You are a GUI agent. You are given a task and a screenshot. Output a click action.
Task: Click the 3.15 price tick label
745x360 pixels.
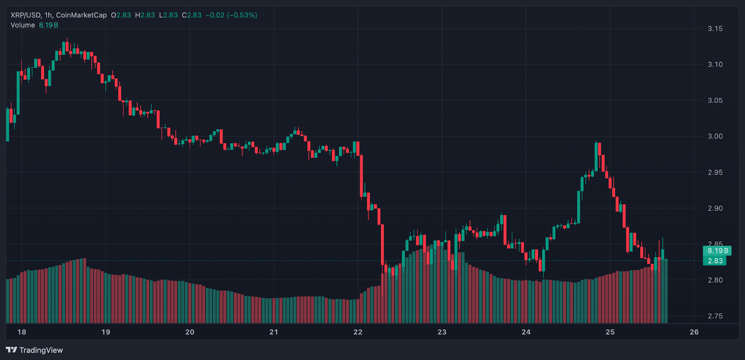click(x=715, y=29)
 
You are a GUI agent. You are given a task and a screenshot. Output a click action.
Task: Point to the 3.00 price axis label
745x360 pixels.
click(x=715, y=136)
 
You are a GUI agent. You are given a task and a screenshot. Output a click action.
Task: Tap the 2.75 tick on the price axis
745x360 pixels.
click(x=715, y=316)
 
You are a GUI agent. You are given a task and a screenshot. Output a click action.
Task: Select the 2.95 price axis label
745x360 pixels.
click(x=715, y=172)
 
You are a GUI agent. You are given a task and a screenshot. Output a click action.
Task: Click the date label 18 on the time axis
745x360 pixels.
click(x=21, y=332)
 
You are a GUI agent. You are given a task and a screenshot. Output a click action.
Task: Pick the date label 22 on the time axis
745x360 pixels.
click(x=358, y=332)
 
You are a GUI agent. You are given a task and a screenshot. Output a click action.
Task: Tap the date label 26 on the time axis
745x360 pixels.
click(x=694, y=332)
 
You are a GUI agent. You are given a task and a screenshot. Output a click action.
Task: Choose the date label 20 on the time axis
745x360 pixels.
click(x=190, y=332)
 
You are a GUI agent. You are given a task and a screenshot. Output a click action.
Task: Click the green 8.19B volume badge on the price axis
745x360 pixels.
click(x=717, y=251)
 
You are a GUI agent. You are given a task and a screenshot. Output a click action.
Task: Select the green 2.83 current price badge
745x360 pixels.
click(x=715, y=261)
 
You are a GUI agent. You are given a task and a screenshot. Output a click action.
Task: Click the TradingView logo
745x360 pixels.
click(x=34, y=350)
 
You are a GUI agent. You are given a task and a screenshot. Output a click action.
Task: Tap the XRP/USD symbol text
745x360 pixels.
click(x=25, y=15)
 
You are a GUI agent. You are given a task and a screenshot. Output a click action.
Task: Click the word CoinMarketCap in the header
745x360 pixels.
click(x=81, y=15)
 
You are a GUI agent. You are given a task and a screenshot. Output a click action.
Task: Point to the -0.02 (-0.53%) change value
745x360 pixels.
click(x=231, y=15)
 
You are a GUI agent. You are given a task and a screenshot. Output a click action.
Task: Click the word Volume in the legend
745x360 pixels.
click(x=22, y=25)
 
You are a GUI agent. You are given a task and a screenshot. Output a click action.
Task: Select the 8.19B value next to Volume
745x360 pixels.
click(x=48, y=25)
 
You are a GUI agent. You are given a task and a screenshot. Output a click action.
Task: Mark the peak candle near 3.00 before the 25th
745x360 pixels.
click(x=596, y=156)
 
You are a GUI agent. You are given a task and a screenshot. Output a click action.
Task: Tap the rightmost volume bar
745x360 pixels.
click(x=666, y=291)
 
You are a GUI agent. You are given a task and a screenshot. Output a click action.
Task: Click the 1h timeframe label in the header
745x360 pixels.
click(x=48, y=15)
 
